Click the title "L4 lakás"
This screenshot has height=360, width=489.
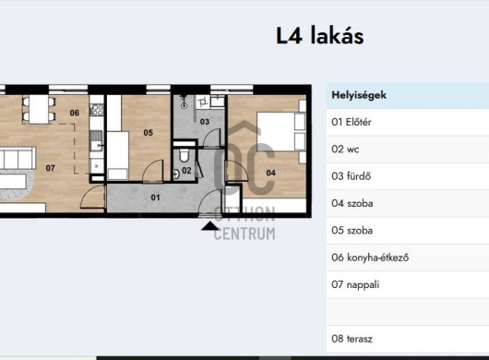coord(320,36)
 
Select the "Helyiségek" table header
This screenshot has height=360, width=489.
coord(359,95)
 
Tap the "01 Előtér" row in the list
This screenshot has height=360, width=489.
coord(352,122)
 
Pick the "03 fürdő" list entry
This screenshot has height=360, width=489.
coord(352,176)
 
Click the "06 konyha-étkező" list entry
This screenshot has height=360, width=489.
coord(370,258)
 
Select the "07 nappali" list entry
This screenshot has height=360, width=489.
coord(355,284)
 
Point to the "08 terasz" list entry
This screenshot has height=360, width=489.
coord(352,339)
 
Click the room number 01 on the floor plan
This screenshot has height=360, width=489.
coord(155,198)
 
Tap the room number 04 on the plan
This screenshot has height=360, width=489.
coord(270,173)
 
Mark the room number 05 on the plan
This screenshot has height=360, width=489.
coord(149,133)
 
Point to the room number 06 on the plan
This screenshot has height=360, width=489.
coord(74,113)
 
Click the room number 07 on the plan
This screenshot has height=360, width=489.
coord(50,168)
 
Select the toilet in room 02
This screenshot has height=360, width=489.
coord(184,156)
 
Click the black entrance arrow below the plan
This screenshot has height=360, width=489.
coord(210,226)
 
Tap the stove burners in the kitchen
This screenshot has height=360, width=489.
coord(97,110)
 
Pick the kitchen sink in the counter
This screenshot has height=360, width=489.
coord(96,141)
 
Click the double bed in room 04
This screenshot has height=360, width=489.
coord(280,132)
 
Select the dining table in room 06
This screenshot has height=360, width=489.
coord(39,109)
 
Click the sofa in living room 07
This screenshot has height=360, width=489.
coord(18,158)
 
